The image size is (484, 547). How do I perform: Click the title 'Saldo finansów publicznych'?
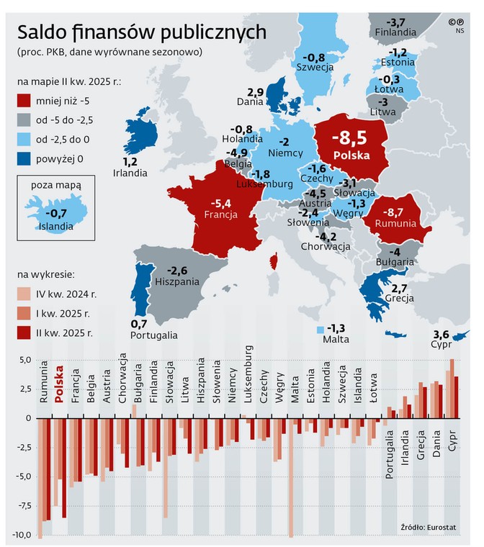(x=142, y=32)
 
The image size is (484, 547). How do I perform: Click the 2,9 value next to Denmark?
(x=256, y=92)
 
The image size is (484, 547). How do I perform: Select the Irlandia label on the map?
(x=130, y=173)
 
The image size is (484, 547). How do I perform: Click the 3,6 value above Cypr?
(x=440, y=334)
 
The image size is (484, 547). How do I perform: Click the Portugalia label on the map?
(x=155, y=335)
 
